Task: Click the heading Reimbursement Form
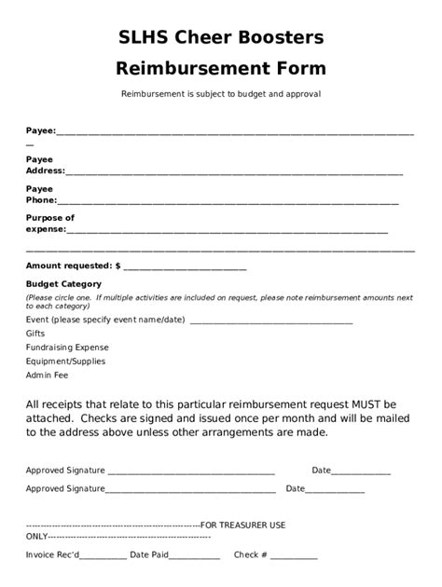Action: click(221, 68)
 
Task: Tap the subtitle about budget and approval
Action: click(221, 94)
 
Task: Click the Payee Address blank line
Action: click(233, 173)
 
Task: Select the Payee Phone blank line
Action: click(228, 202)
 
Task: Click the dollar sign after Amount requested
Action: click(117, 266)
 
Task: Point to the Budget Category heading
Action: click(63, 284)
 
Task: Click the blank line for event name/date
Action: click(270, 321)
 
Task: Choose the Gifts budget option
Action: click(35, 333)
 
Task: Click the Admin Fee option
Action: click(47, 375)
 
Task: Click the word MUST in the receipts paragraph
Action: click(369, 404)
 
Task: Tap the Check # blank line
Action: click(294, 557)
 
